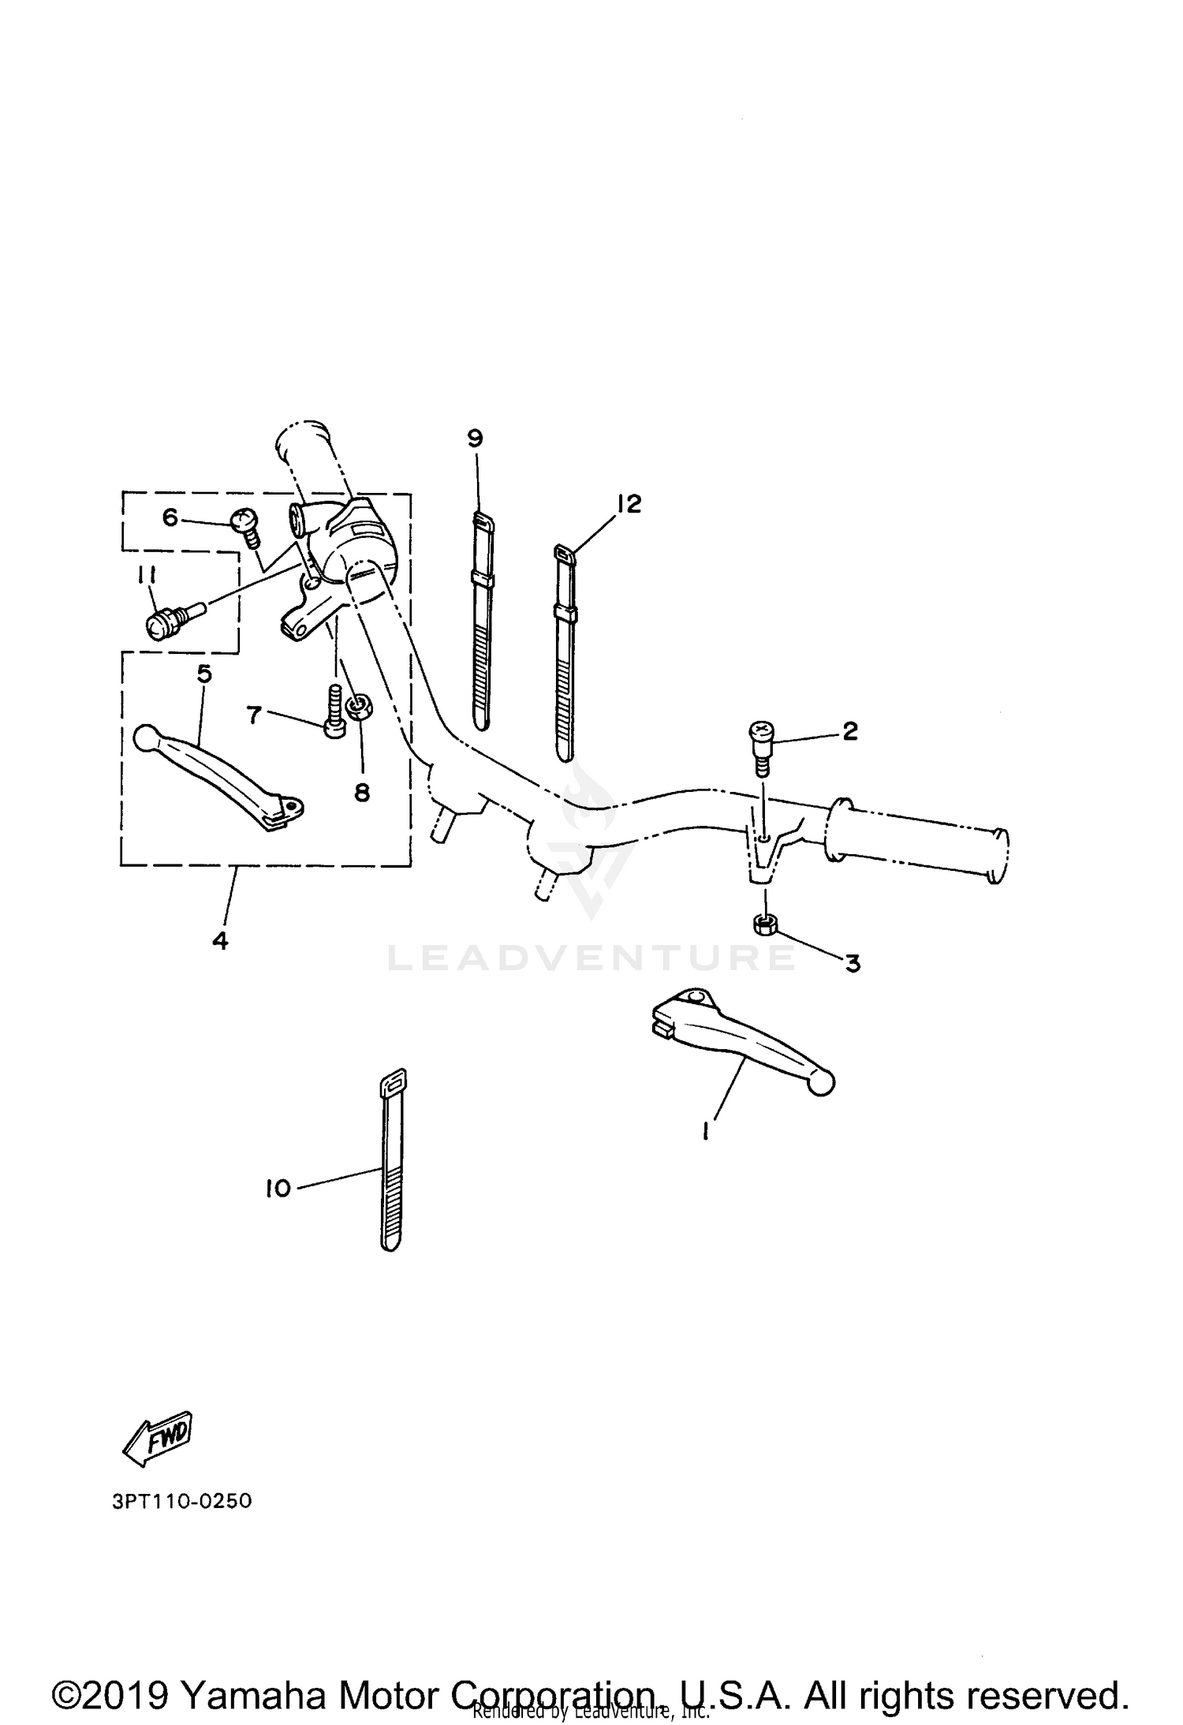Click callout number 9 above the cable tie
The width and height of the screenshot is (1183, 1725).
click(475, 439)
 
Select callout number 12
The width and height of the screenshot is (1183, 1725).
click(629, 503)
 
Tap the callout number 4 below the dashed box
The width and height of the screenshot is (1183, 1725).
click(220, 940)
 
